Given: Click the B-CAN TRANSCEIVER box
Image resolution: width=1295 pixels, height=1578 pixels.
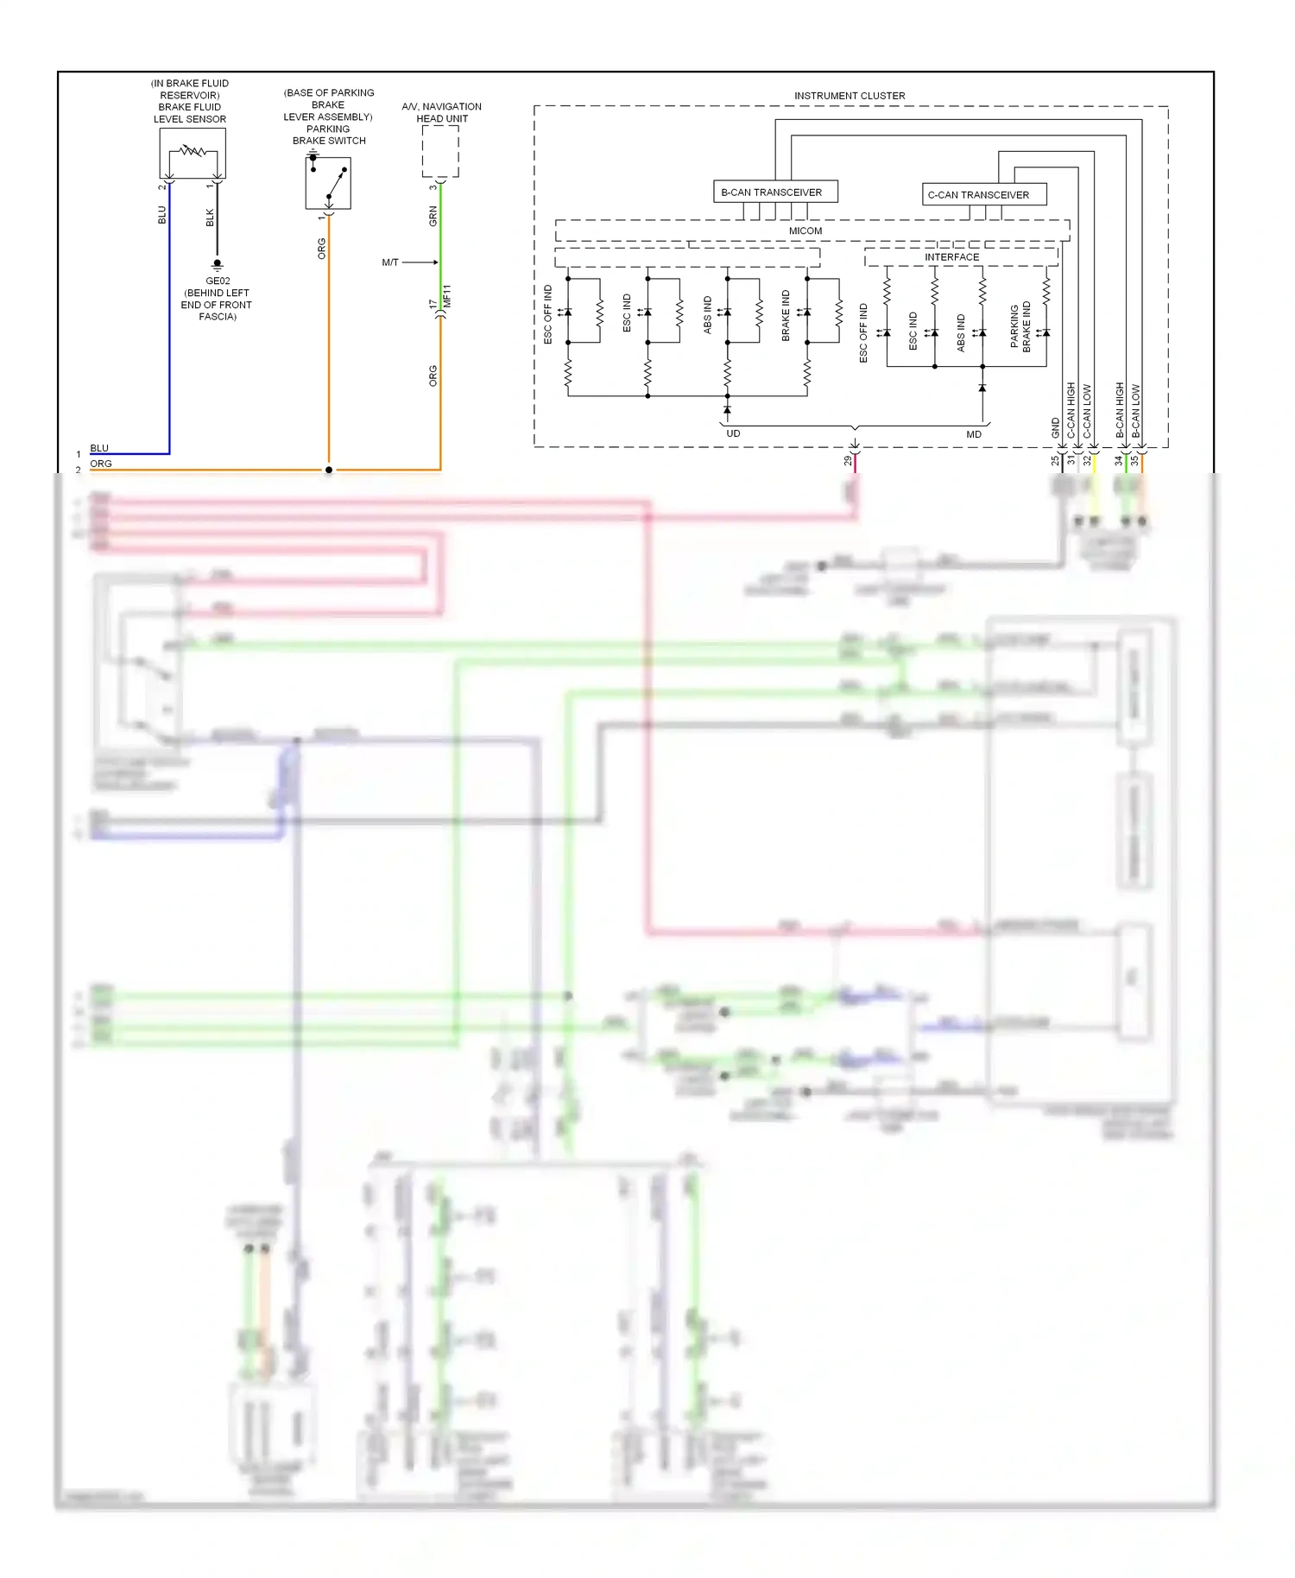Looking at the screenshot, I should (x=775, y=192).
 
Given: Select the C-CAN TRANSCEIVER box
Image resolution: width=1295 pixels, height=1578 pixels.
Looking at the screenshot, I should (x=983, y=194).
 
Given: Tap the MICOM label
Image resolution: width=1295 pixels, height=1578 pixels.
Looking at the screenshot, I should (x=805, y=231).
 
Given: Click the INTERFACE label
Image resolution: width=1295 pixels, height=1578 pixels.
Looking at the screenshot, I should (x=951, y=257).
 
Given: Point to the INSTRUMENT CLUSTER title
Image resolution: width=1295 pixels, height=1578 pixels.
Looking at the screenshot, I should (x=850, y=96).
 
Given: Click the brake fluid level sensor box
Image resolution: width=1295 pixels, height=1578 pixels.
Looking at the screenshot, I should (x=193, y=153).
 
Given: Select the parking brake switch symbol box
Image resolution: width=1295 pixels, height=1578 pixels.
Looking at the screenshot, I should (x=328, y=183).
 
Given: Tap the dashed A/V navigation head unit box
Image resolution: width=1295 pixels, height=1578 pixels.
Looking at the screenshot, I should (x=440, y=151).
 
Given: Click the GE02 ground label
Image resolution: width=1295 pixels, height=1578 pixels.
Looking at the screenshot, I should (x=218, y=281).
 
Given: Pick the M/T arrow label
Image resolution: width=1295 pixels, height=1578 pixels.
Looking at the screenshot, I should (x=390, y=262).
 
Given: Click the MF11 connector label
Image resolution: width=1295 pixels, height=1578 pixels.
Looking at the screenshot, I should (x=447, y=296).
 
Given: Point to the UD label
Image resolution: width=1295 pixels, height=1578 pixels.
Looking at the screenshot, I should (x=733, y=434).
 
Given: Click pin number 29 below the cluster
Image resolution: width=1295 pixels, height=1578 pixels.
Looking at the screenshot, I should (x=848, y=461).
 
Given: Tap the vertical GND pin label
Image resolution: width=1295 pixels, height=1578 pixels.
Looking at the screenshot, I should (x=1055, y=427).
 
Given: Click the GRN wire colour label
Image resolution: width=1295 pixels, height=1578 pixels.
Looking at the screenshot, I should (x=433, y=217).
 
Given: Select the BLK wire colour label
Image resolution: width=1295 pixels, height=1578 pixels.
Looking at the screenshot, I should (x=210, y=218).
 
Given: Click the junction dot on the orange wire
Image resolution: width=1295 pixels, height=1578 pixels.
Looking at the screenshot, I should (x=329, y=470).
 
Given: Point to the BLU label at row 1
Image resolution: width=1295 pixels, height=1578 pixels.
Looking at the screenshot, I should (x=99, y=448).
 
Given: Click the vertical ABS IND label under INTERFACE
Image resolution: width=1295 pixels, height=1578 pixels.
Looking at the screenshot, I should (x=961, y=332).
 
